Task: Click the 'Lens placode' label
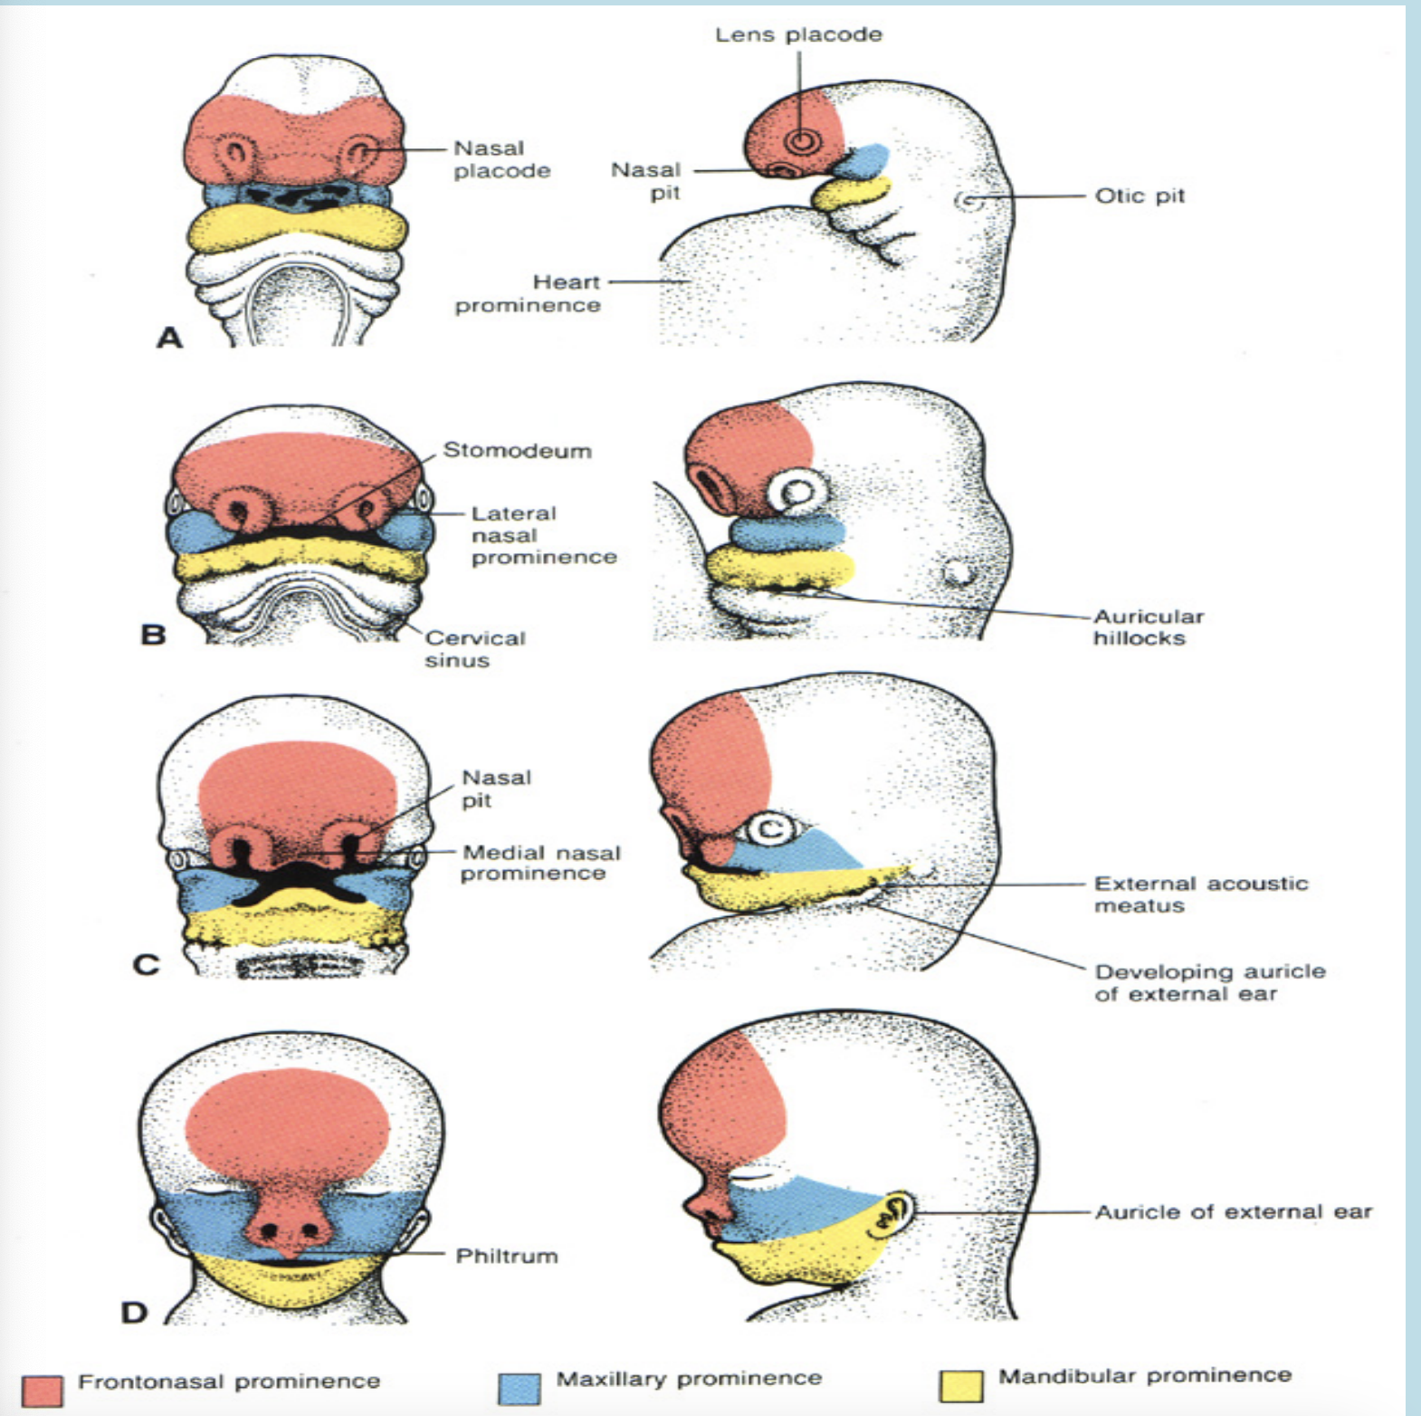[798, 35]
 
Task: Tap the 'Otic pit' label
[1139, 196]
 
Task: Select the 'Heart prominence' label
[528, 293]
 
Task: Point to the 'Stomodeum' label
[517, 450]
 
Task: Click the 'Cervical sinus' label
[474, 648]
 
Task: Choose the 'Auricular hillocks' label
[1148, 627]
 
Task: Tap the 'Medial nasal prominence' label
[541, 862]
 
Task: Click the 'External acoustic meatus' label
[1200, 894]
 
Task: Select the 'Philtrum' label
[506, 1256]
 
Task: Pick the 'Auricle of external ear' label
[1233, 1211]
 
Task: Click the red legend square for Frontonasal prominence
[43, 1391]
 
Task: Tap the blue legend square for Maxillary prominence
[519, 1388]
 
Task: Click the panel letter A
[169, 338]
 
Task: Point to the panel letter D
[134, 1312]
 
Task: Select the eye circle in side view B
[797, 493]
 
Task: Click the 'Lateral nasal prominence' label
[543, 534]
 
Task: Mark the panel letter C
[146, 964]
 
